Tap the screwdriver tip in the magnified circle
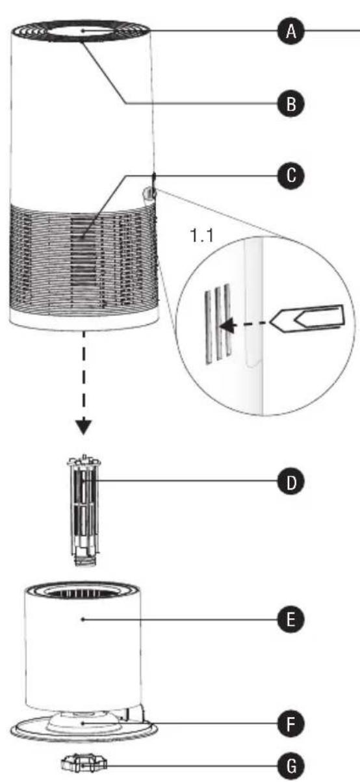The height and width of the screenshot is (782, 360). (x=279, y=319)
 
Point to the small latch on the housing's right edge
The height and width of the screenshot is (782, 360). (x=149, y=193)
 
